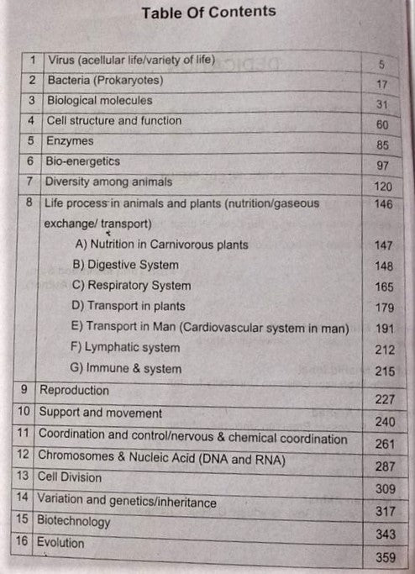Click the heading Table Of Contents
click(208, 12)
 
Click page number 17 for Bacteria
click(381, 85)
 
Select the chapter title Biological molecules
click(99, 100)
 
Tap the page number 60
click(382, 124)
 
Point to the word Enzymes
click(71, 140)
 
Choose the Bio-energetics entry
click(82, 161)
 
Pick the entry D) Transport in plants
click(129, 306)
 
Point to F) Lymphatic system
click(126, 347)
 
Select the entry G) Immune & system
click(126, 368)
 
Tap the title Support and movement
click(100, 413)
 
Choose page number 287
click(384, 465)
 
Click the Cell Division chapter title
click(69, 477)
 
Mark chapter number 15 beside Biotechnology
click(24, 520)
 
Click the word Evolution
click(60, 543)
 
